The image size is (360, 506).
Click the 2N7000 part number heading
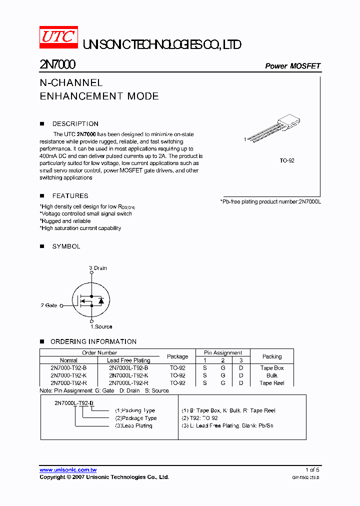[x=57, y=65]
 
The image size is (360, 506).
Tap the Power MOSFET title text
[x=292, y=66]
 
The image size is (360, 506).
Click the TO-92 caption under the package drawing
[x=286, y=161]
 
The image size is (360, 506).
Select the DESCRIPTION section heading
[x=75, y=123]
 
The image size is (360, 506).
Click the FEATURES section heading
[x=70, y=195]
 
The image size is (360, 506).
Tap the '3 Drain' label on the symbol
[x=98, y=268]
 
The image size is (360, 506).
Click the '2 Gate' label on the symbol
[x=49, y=305]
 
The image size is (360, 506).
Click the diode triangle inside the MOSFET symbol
[x=101, y=301]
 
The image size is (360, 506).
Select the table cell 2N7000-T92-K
[x=68, y=375]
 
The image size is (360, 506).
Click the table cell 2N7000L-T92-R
[x=128, y=383]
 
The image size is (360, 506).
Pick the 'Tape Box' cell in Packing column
[x=272, y=368]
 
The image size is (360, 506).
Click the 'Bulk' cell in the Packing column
[x=272, y=375]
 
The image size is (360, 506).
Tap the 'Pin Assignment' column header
[x=223, y=352]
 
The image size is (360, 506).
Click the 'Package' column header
[x=177, y=356]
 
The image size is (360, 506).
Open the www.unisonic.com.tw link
[x=68, y=469]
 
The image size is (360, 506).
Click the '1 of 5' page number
[x=312, y=469]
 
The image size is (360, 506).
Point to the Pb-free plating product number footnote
[x=270, y=201]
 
